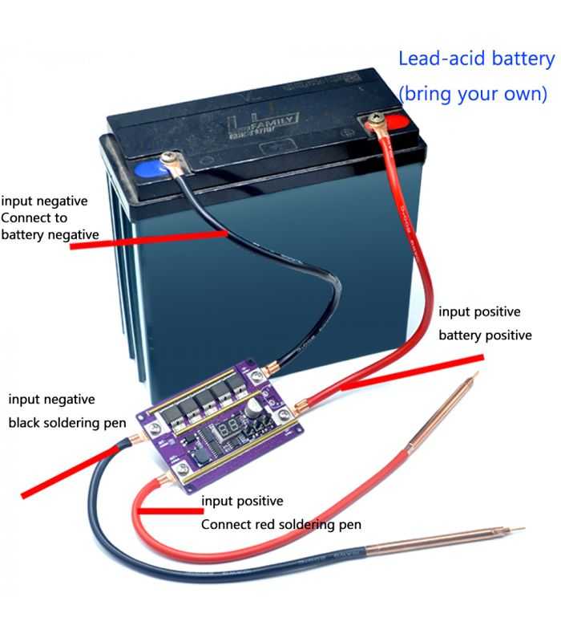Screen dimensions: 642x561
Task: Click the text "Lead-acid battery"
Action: pyautogui.click(x=476, y=59)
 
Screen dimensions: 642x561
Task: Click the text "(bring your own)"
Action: pyautogui.click(x=473, y=93)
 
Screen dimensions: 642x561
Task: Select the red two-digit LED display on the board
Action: pyautogui.click(x=231, y=425)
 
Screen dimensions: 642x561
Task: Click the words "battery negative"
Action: pyautogui.click(x=50, y=234)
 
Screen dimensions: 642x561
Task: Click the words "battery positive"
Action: pyautogui.click(x=484, y=335)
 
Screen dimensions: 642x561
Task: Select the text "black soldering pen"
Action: pyautogui.click(x=63, y=423)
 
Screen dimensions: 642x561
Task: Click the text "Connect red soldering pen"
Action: pyautogui.click(x=280, y=525)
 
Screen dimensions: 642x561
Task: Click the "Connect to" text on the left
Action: pyautogui.click(x=34, y=217)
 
